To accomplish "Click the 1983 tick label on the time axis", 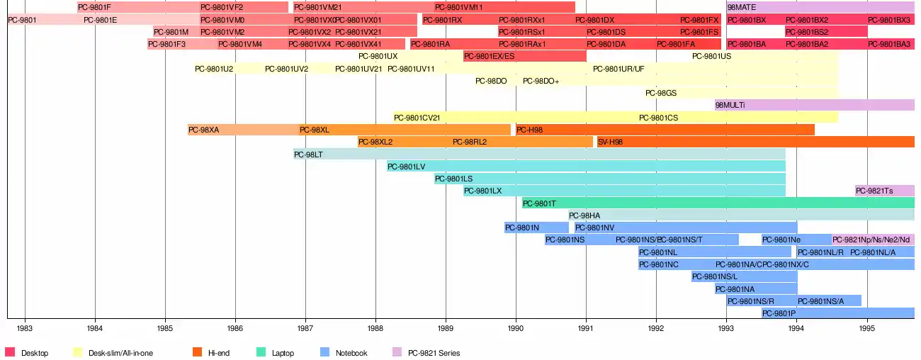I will coord(26,329).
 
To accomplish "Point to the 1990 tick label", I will coord(516,329).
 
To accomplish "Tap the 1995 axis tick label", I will coord(867,329).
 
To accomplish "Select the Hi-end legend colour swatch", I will coord(197,352).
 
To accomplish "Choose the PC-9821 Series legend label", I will coord(434,353).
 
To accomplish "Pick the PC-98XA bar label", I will coord(204,130).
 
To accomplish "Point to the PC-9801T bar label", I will coord(540,203).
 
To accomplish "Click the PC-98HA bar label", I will coord(584,215).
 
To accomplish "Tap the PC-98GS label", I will coord(662,93).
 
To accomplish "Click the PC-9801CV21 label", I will coord(417,118).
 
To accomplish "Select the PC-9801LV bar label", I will coord(406,167).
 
